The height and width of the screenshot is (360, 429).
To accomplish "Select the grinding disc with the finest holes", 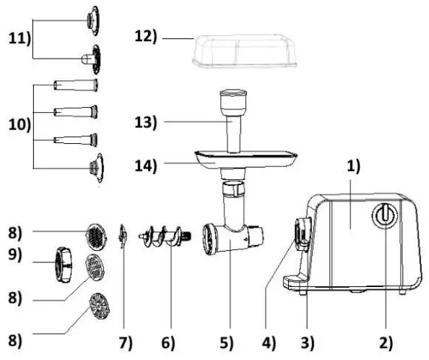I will click(96, 234).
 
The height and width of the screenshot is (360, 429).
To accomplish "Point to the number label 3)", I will click(308, 340).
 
